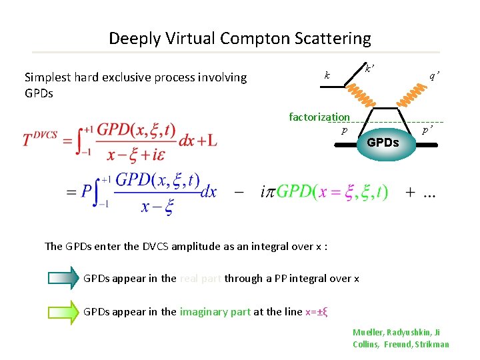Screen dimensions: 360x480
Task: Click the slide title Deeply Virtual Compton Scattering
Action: [239, 39]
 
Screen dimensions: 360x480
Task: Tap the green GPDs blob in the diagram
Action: [383, 142]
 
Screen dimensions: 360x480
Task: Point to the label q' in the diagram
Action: [433, 76]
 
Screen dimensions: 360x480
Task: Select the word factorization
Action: [319, 117]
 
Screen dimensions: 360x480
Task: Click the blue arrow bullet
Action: [63, 278]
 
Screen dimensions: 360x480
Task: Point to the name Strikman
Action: [432, 344]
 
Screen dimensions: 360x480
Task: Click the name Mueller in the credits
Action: [369, 332]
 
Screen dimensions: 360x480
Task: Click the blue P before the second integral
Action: [87, 193]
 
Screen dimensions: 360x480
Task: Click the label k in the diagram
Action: [326, 75]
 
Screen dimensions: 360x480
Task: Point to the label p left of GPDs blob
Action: [344, 131]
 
